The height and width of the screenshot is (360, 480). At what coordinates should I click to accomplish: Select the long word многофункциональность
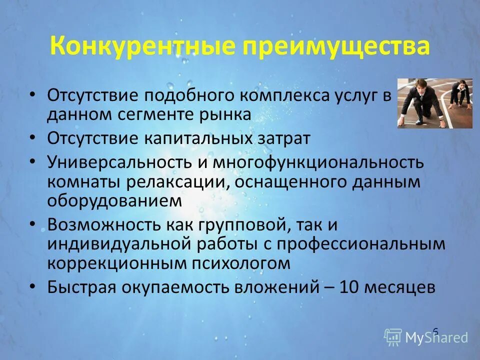(x=318, y=162)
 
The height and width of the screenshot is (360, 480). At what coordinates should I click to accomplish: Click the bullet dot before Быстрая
(x=32, y=286)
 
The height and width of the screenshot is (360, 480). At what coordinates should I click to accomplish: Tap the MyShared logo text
(x=436, y=337)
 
